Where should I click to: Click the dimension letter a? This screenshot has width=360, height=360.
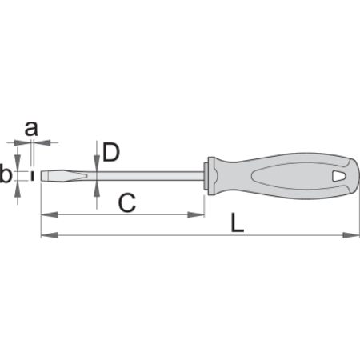(31, 129)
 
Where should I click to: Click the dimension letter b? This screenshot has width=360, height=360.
(6, 174)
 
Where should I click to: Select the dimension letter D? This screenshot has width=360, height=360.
(111, 152)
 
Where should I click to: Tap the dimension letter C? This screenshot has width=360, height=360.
(127, 203)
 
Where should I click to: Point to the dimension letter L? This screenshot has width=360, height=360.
(237, 222)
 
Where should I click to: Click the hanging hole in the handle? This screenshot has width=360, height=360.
(339, 176)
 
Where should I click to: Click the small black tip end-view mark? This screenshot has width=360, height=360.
(33, 176)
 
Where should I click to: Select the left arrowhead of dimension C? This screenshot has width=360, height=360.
(50, 214)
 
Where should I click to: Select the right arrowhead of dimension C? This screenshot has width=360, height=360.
(196, 214)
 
